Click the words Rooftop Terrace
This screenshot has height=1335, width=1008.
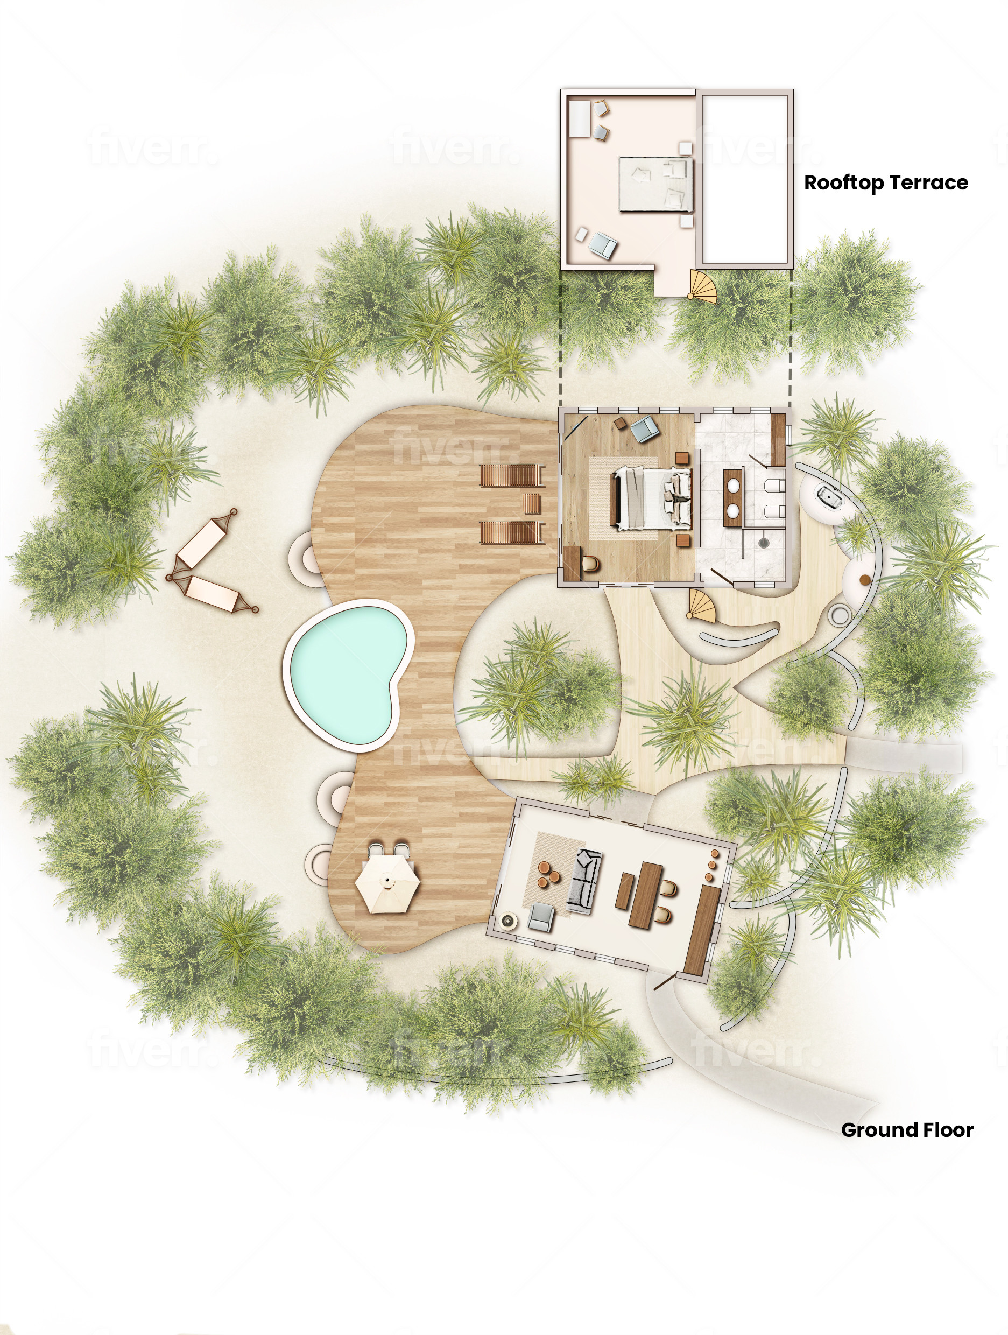(x=885, y=182)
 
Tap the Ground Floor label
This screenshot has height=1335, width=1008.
(x=907, y=1130)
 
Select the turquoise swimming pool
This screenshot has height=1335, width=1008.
(x=349, y=679)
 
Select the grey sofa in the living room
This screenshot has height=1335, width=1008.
(x=584, y=881)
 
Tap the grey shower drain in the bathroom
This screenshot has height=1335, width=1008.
(x=764, y=543)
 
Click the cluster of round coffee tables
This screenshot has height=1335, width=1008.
(x=548, y=874)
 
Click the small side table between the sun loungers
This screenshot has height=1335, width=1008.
(x=532, y=503)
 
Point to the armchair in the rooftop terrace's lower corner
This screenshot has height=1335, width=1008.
(x=603, y=245)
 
